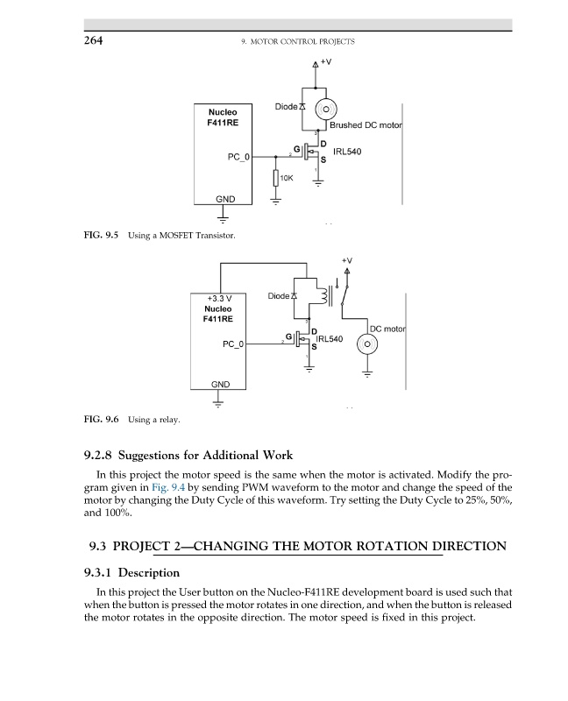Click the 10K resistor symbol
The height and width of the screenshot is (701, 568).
(276, 178)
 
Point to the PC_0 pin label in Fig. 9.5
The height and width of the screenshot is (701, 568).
(238, 157)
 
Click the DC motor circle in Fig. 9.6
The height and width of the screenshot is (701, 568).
(368, 343)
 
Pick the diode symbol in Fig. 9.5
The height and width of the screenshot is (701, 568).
(302, 107)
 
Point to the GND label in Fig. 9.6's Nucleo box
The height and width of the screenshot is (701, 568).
(220, 384)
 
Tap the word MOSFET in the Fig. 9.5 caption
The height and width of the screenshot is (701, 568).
(179, 236)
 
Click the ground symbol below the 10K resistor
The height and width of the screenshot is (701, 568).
(276, 202)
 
